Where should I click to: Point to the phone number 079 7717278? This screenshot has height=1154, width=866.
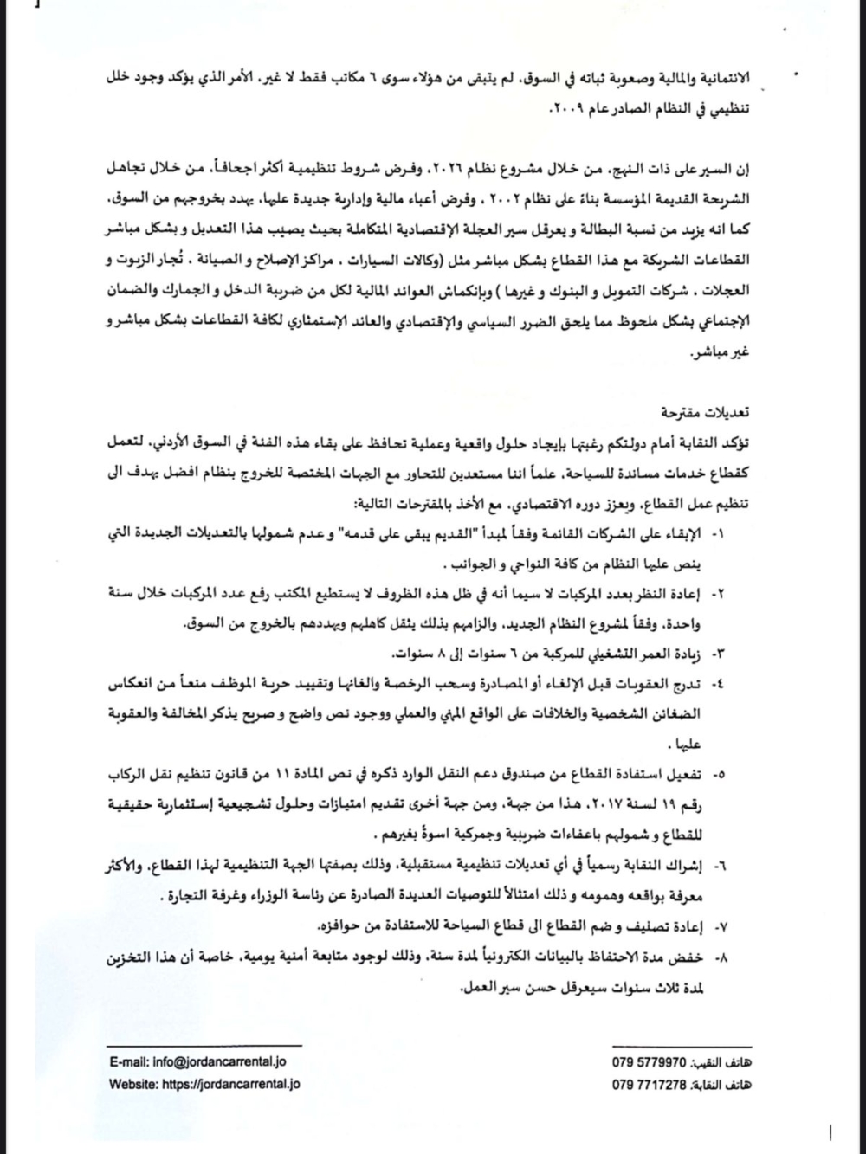[649, 1084]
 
